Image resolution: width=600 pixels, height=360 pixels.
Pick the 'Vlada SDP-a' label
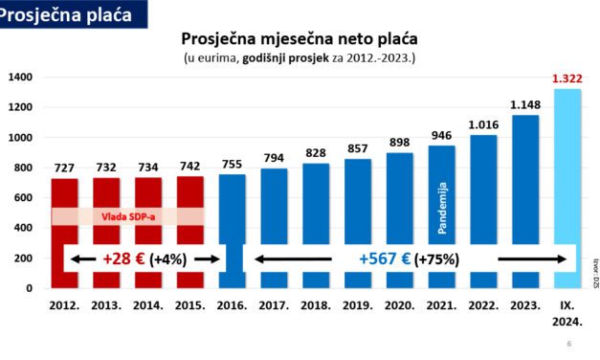click(127, 216)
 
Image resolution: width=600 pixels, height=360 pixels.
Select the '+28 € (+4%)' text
click(144, 259)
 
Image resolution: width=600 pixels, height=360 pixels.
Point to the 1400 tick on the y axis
click(21, 78)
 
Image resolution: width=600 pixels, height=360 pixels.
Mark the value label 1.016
click(483, 125)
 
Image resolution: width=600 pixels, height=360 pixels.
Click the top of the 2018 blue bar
click(316, 165)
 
